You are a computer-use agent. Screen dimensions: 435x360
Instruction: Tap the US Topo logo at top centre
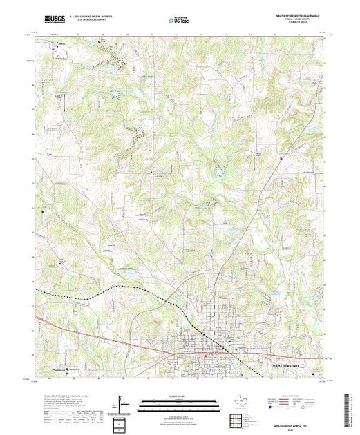[178, 20]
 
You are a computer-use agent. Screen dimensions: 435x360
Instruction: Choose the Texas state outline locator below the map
[238, 403]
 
